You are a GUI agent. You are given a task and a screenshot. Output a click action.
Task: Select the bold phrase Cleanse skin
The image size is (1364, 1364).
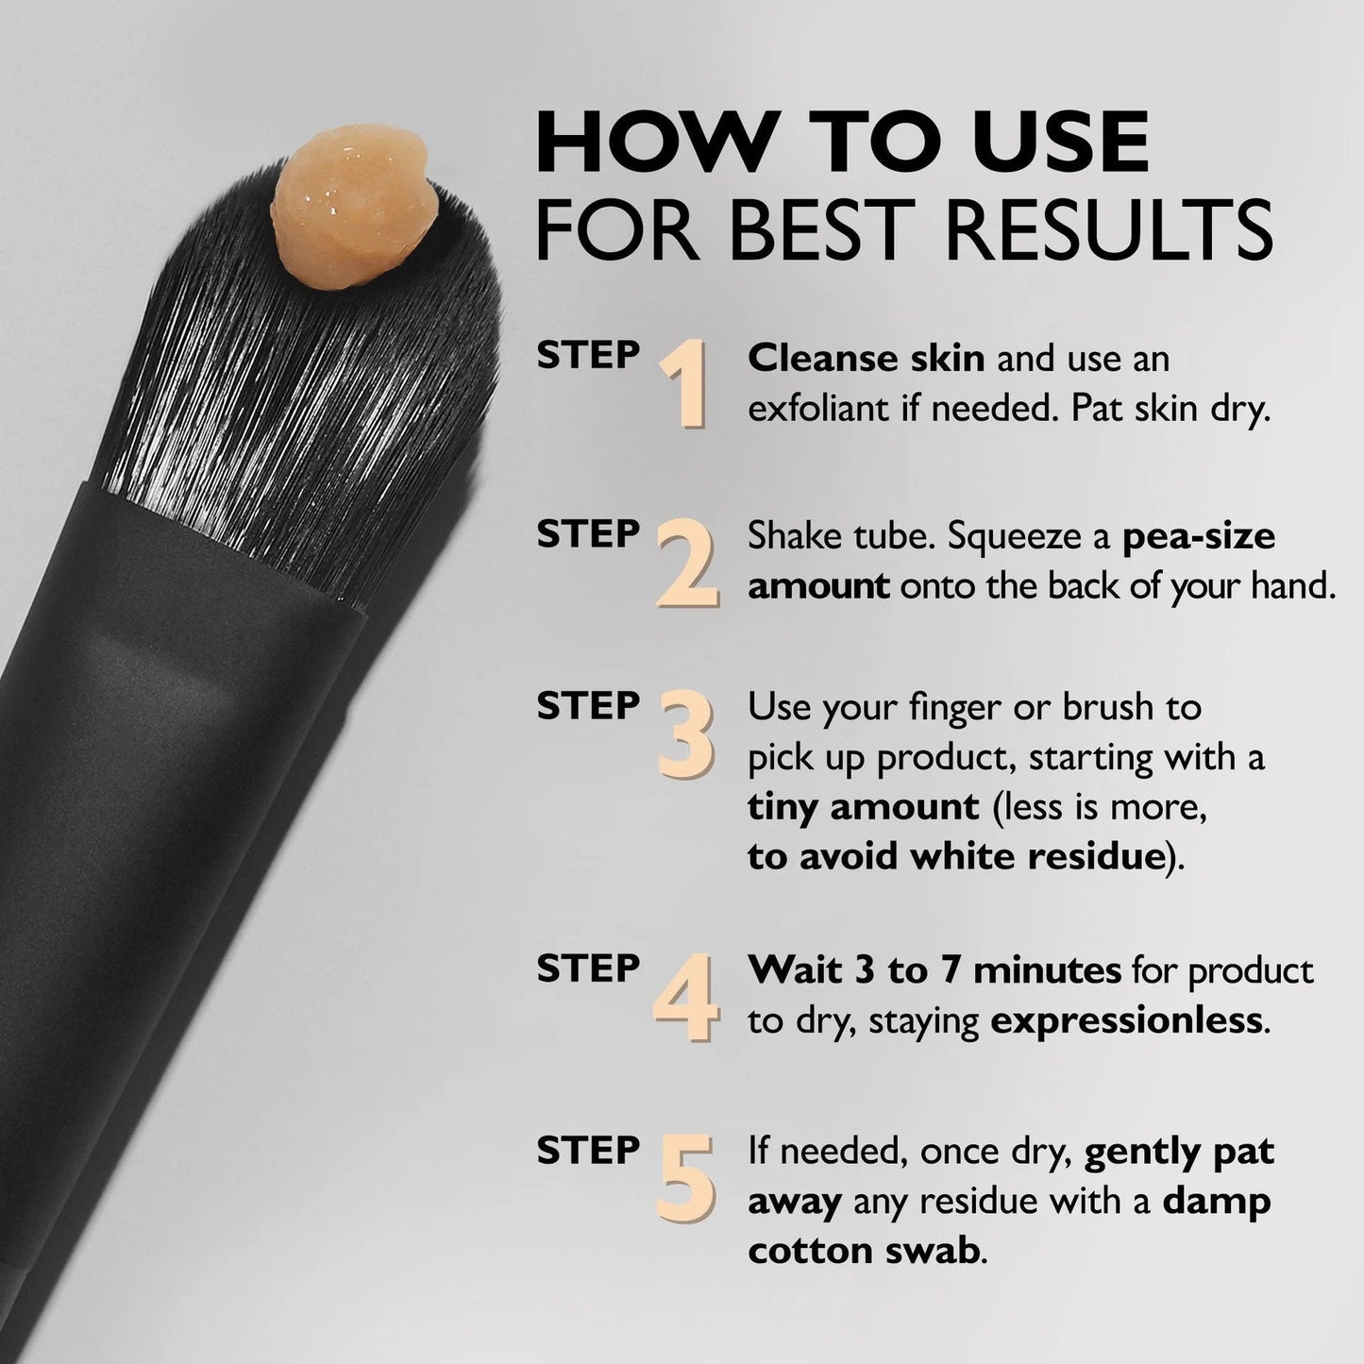866,359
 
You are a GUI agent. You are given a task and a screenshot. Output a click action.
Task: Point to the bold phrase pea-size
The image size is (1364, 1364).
1199,536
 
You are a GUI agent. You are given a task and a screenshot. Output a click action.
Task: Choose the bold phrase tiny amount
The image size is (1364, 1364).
863,806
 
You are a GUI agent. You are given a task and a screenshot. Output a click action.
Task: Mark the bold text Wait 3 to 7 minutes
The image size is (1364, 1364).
935,970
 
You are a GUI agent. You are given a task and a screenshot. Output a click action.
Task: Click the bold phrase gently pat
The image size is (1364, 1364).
1179,1152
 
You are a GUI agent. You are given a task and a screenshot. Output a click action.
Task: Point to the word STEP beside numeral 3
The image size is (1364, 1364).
588,706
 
